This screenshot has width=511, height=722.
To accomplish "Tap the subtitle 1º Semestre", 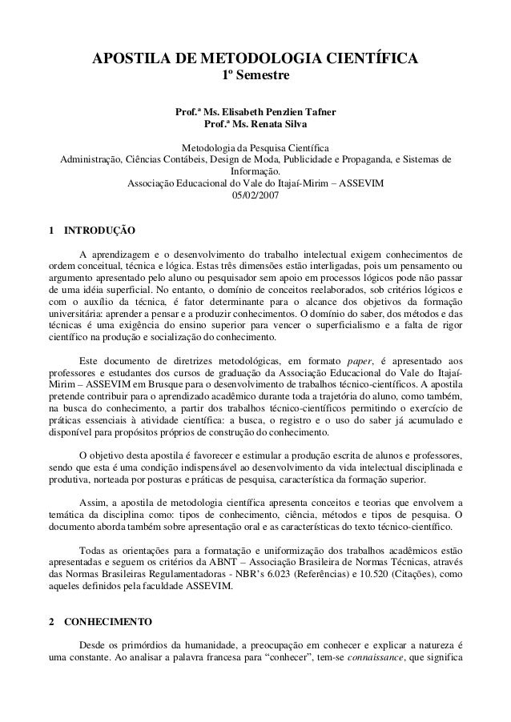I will (255, 77).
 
